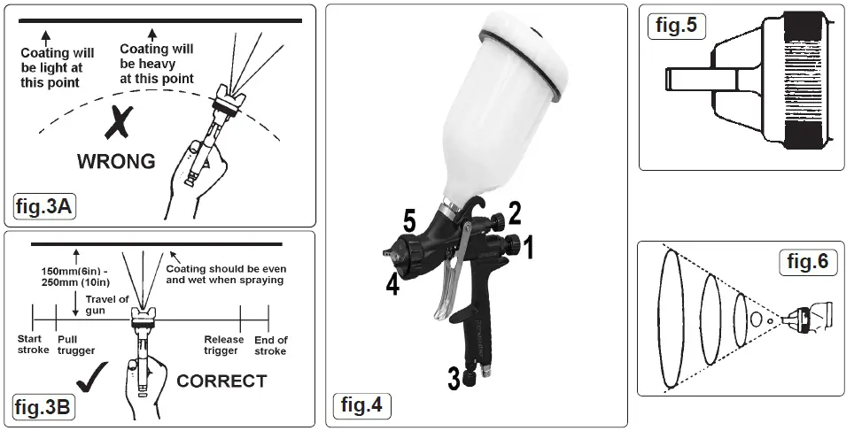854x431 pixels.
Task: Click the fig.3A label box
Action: (x=44, y=206)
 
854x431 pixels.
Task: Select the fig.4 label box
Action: (x=362, y=406)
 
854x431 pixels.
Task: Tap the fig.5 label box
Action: (x=675, y=26)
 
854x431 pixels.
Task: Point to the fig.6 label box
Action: (x=808, y=262)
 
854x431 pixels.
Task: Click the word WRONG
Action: (x=116, y=162)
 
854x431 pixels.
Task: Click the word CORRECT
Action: (x=221, y=381)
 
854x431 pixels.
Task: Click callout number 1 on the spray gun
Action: (x=528, y=249)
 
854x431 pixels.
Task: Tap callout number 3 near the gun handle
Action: (x=454, y=380)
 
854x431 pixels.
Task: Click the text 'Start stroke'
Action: (x=34, y=345)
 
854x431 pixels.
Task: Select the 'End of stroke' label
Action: (x=270, y=345)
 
